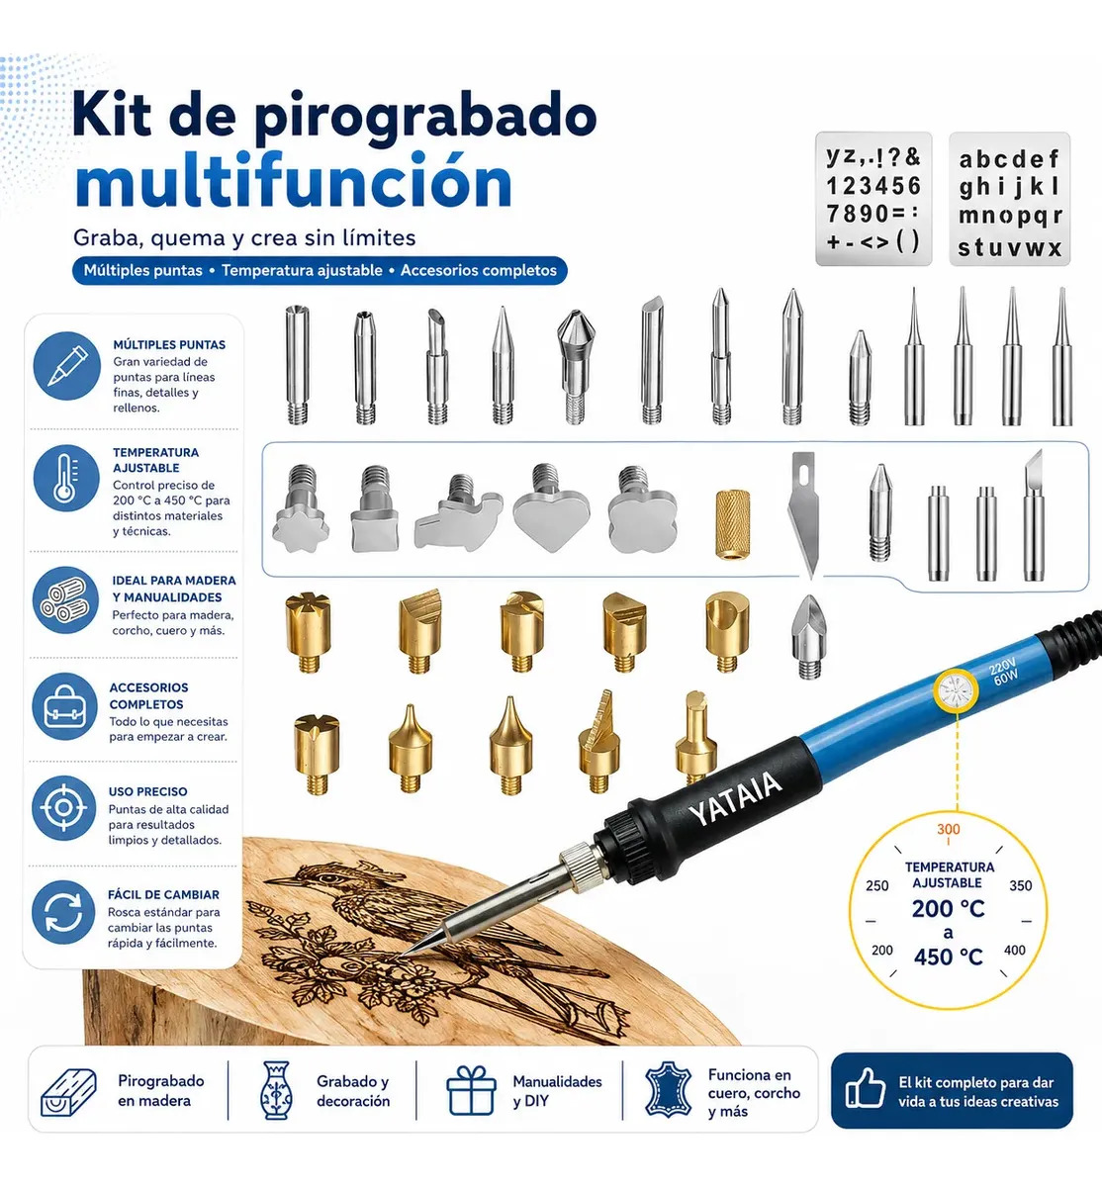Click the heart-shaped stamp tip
point(551,508)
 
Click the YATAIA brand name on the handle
point(735,799)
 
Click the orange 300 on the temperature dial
point(949,829)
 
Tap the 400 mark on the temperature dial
point(1014,950)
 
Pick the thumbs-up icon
point(866,1090)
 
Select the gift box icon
point(471,1090)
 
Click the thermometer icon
point(66,479)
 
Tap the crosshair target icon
point(63,808)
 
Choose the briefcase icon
point(64,706)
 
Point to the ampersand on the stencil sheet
point(912,157)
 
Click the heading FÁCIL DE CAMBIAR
point(163,895)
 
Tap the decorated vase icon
point(276,1090)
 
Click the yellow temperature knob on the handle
point(957,691)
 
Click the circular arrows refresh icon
point(63,912)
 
